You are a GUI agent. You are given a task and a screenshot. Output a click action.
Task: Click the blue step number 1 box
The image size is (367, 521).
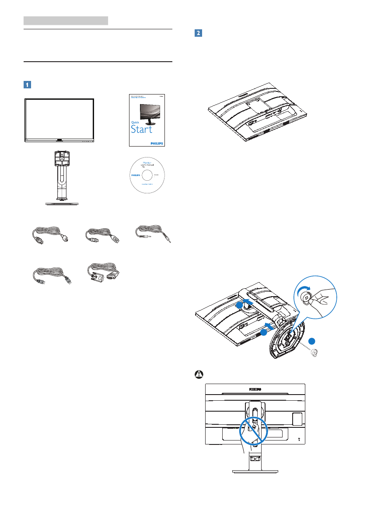[x=27, y=84]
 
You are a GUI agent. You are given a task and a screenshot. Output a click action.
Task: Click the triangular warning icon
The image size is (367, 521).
[x=198, y=374]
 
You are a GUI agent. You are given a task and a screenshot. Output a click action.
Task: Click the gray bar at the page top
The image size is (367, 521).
[x=66, y=20]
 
